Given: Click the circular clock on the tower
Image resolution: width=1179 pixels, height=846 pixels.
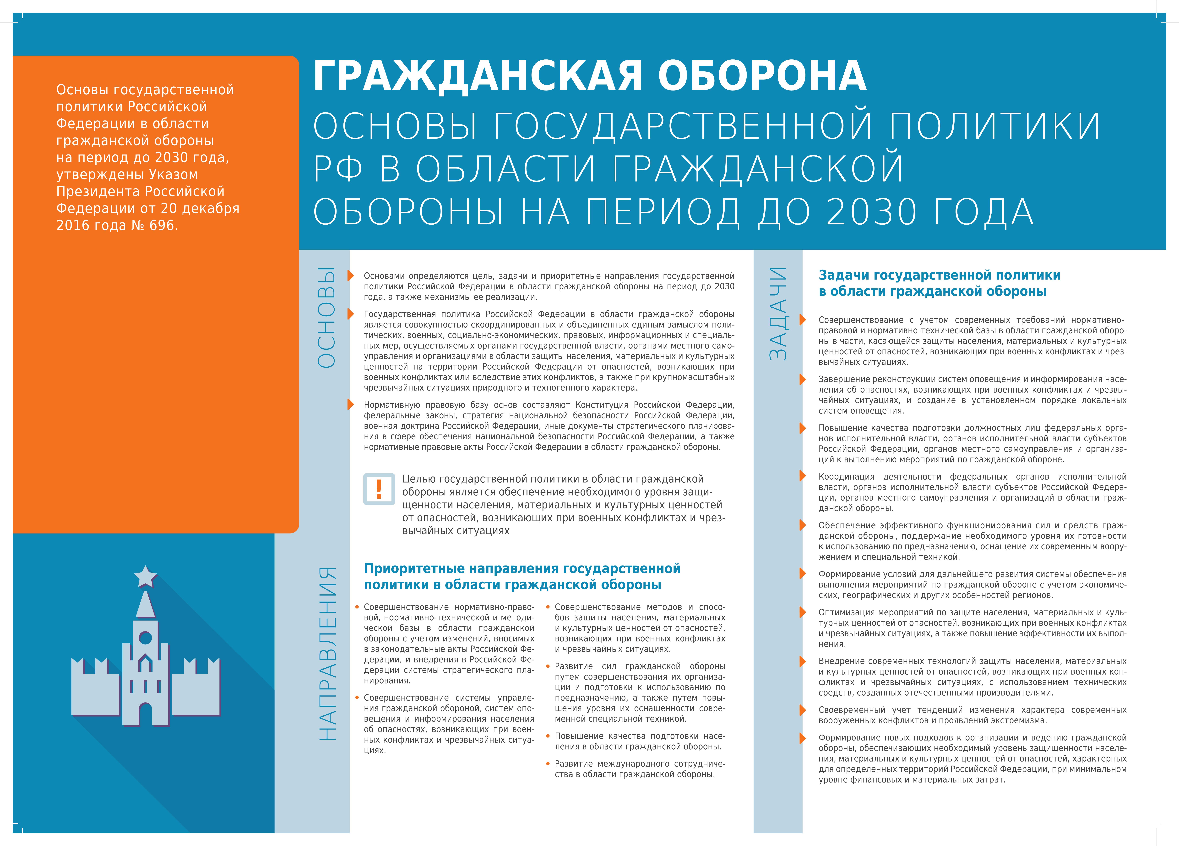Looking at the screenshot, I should pos(146,637).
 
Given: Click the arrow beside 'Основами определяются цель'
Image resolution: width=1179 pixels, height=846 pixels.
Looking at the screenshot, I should pos(351,276).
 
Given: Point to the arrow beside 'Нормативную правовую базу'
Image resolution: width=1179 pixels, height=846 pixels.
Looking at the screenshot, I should pos(351,405).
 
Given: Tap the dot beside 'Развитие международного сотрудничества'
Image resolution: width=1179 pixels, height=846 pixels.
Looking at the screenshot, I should pos(548,763).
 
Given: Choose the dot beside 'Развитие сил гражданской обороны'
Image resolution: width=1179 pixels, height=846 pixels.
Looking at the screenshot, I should pos(548,666).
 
